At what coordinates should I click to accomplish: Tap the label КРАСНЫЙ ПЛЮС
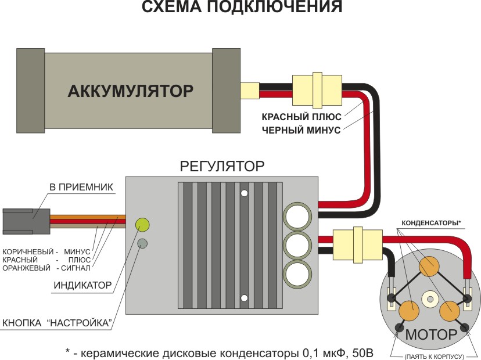(x=301, y=117)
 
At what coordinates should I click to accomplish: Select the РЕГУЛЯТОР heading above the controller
(x=222, y=166)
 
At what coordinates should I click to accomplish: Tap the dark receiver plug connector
(x=26, y=221)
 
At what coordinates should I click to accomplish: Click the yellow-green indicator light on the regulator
(x=142, y=224)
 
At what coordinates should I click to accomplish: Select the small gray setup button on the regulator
(x=142, y=244)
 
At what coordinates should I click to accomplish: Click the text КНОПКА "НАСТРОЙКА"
(x=57, y=323)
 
